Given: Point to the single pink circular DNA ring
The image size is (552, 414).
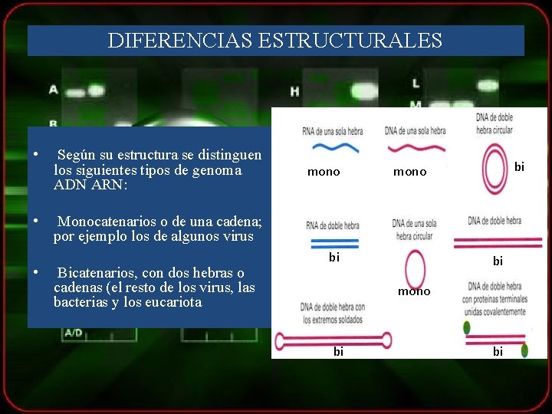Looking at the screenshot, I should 415,270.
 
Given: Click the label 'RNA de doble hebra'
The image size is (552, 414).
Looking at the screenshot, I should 333,226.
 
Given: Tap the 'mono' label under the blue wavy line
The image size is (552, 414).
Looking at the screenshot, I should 324,172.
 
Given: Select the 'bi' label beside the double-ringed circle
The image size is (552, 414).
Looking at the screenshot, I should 520,166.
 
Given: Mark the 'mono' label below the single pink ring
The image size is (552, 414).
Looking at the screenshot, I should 414,291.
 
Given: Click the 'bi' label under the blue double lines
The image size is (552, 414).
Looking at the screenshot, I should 334,258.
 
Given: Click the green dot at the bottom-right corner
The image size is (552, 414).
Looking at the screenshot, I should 524,350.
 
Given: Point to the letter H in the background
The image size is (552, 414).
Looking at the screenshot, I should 295,91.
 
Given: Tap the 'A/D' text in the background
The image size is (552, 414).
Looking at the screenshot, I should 74,333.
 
